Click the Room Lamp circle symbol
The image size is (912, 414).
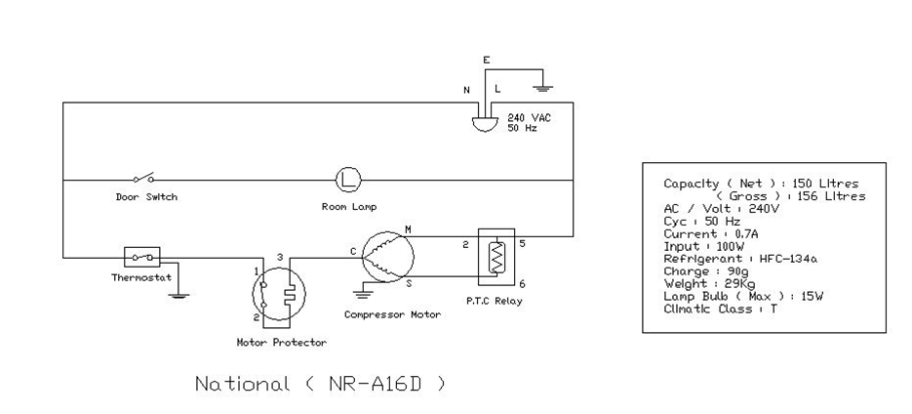pyautogui.click(x=348, y=180)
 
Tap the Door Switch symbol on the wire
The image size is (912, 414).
pyautogui.click(x=143, y=178)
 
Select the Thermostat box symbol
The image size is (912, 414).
pyautogui.click(x=142, y=257)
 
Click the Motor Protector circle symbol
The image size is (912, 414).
pyautogui.click(x=279, y=295)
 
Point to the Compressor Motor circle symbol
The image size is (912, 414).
pyautogui.click(x=387, y=257)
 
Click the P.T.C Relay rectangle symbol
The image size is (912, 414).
pyautogui.click(x=496, y=257)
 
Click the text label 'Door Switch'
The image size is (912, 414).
pyautogui.click(x=146, y=197)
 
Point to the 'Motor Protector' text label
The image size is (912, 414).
pyautogui.click(x=282, y=343)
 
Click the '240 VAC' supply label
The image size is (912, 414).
pyautogui.click(x=529, y=117)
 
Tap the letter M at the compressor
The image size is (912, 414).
pyautogui.click(x=408, y=230)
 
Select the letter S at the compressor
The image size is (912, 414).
pyautogui.click(x=409, y=283)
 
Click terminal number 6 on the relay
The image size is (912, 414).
pyautogui.click(x=522, y=284)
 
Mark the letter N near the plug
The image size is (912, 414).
pyautogui.click(x=466, y=90)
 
